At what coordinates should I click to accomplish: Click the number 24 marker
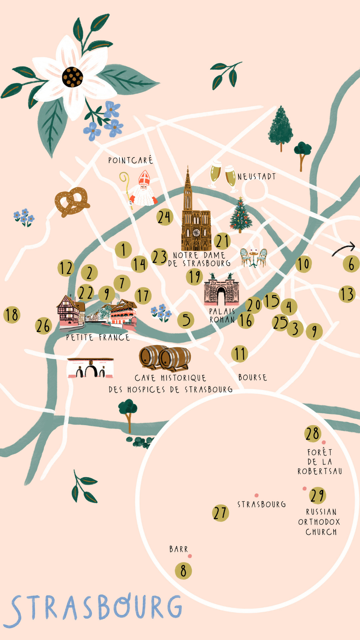click(165, 217)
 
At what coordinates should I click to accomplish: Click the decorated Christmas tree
click(240, 215)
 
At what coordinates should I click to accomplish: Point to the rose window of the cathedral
click(196, 232)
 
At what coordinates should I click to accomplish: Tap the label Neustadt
click(257, 176)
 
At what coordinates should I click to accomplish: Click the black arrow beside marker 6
click(344, 249)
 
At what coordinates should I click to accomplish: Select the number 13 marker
click(347, 294)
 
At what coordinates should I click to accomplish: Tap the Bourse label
click(253, 377)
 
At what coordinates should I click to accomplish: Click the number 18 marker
click(12, 315)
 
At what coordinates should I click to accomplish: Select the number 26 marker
click(43, 326)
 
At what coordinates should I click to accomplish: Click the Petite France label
click(98, 337)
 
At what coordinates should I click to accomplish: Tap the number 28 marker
click(313, 434)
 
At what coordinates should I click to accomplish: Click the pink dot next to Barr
click(190, 556)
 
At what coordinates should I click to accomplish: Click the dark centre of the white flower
click(72, 77)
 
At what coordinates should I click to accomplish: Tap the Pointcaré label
click(130, 160)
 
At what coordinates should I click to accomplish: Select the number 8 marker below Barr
click(183, 571)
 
